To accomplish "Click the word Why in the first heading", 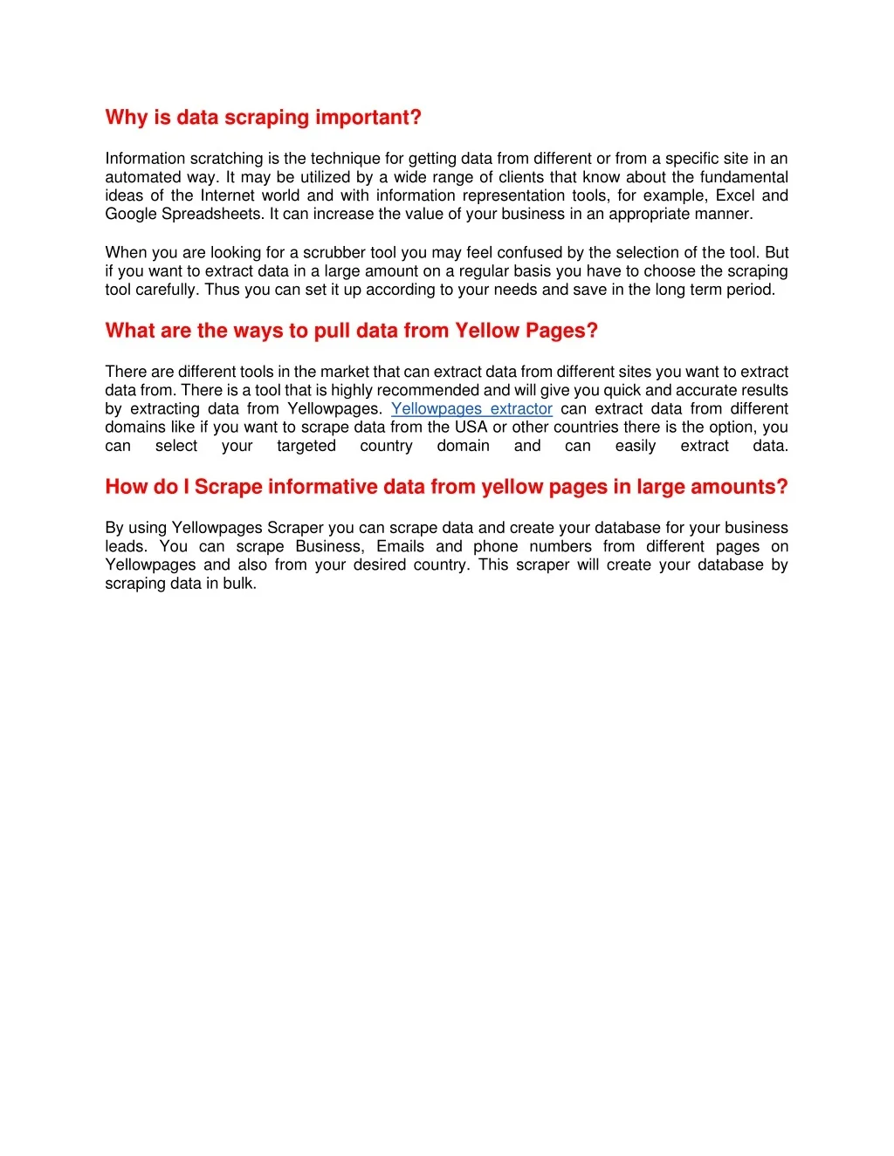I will tap(126, 118).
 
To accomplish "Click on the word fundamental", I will tap(743, 177).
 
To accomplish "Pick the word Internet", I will tap(228, 195).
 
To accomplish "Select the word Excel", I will tap(735, 195).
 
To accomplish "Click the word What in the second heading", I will tap(129, 331).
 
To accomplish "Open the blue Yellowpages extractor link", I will tap(471, 409).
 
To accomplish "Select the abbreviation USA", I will tap(471, 428).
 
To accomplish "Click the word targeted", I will tap(306, 446).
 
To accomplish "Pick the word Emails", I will tap(400, 547).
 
